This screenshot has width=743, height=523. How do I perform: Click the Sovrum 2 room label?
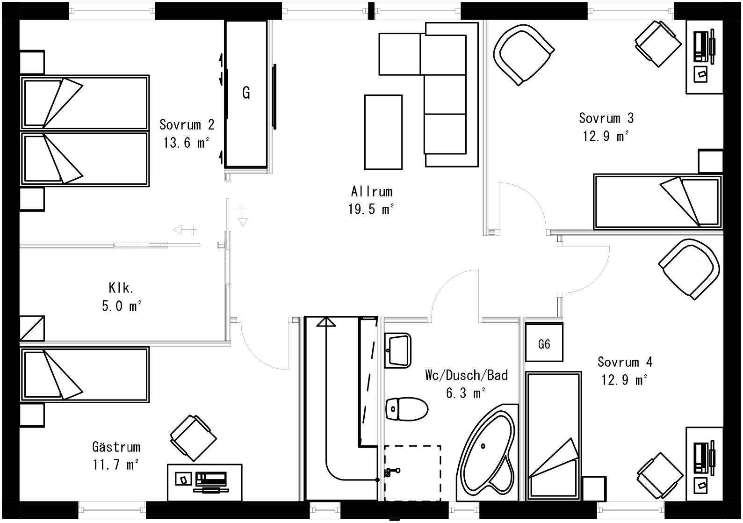tap(187, 125)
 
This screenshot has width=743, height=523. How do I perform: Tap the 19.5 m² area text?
tap(371, 209)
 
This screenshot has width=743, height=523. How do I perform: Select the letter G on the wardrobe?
tap(246, 93)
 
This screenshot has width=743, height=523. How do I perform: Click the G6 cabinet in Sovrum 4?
tap(544, 345)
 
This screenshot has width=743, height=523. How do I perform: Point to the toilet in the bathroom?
tap(406, 409)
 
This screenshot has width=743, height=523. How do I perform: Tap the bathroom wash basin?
tap(398, 350)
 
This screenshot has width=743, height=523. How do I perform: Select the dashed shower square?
tap(412, 472)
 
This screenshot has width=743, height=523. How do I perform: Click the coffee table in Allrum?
tap(383, 132)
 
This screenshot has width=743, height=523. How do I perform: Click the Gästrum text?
tap(116, 447)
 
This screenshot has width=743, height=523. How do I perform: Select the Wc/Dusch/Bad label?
tap(466, 375)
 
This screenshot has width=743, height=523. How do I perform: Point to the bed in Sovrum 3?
tap(657, 202)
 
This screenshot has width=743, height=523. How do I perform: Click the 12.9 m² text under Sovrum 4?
tap(624, 380)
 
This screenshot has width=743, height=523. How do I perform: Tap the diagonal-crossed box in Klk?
tap(32, 328)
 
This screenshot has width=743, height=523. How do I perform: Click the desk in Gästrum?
tap(205, 482)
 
